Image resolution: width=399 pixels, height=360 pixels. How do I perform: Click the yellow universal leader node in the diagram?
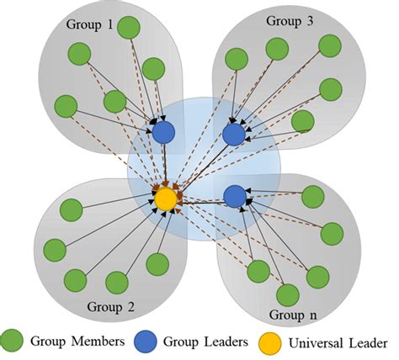166,199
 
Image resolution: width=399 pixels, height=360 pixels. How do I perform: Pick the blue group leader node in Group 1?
163,131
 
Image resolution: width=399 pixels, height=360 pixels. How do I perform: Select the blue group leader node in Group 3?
234,133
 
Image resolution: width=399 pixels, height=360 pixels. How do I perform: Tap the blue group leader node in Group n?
235,197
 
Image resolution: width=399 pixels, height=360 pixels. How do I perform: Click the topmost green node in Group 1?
128,28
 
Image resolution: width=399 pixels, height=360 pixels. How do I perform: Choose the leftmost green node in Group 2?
56,250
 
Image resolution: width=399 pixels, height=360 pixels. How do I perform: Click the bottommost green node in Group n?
288,294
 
